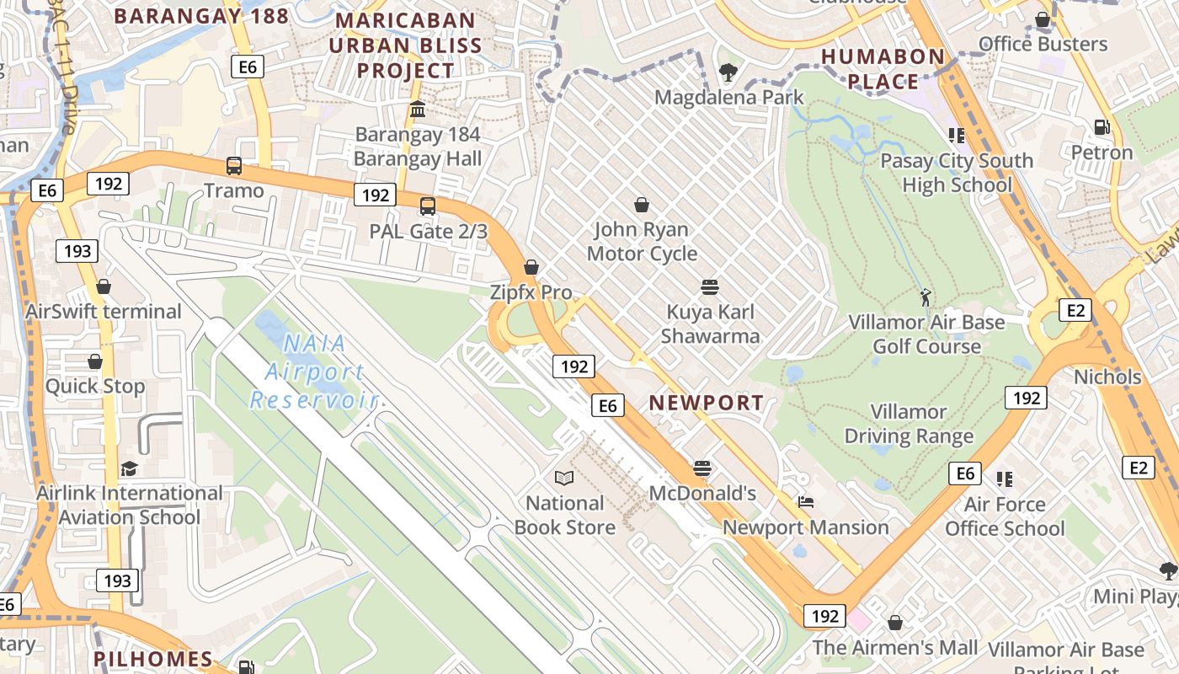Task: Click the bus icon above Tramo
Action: tap(234, 166)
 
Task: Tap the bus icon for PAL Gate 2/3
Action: tap(428, 206)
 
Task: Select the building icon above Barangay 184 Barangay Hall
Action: tap(418, 110)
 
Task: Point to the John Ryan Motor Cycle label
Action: tap(642, 241)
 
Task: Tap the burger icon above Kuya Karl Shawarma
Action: tap(710, 287)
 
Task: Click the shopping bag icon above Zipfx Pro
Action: tap(531, 268)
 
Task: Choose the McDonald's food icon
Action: tap(702, 468)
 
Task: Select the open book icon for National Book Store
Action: tap(564, 479)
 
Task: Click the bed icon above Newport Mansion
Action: tap(806, 503)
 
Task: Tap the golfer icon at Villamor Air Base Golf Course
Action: tap(926, 297)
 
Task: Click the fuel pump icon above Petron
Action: tap(1102, 127)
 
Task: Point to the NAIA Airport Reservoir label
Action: tap(313, 371)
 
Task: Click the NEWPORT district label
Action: tap(707, 403)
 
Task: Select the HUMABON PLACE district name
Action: tap(883, 69)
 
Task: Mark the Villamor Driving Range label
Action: tap(909, 424)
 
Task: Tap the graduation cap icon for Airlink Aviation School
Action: tap(129, 468)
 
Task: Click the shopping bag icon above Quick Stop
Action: tap(95, 361)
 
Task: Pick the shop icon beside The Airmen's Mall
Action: tap(895, 623)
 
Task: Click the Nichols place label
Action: tap(1107, 377)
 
